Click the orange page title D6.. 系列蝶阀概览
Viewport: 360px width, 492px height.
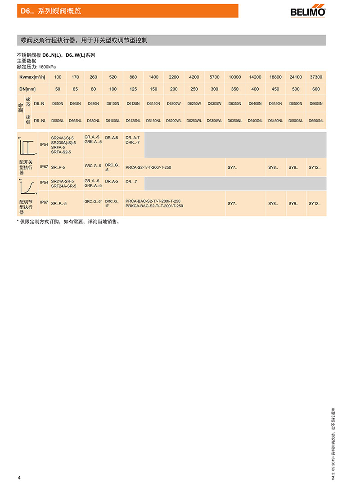coord(51,11)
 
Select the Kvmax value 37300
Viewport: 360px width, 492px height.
coord(316,77)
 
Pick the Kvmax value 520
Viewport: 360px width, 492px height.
coord(113,77)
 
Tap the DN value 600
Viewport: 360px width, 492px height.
coord(316,89)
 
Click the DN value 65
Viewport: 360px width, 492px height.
coord(75,89)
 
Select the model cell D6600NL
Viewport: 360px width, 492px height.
coord(316,121)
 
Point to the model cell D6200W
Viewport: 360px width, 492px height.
coord(174,104)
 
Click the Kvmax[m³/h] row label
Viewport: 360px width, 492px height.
coord(32,77)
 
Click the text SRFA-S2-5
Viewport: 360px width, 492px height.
coord(61,152)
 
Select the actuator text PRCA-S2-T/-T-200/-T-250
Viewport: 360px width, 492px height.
coord(148,167)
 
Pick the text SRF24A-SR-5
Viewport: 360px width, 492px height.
coord(63,186)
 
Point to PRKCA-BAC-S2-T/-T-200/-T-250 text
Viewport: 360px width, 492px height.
coord(154,206)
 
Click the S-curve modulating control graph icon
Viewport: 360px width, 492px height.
coord(27,185)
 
